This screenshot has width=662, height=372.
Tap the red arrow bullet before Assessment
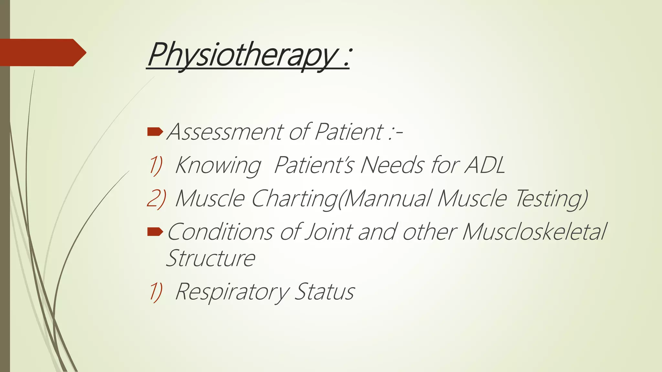click(x=155, y=131)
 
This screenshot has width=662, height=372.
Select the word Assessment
click(x=225, y=132)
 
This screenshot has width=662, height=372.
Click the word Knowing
click(x=218, y=166)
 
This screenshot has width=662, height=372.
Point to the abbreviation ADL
click(x=485, y=165)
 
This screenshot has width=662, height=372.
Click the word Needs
click(x=391, y=165)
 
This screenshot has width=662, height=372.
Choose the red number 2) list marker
click(x=156, y=198)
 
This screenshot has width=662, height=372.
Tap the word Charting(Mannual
click(x=341, y=198)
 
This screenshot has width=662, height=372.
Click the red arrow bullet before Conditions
click(x=155, y=232)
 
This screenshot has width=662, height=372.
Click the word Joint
click(x=328, y=232)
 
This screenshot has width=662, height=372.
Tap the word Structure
click(x=210, y=258)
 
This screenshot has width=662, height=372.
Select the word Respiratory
click(x=232, y=292)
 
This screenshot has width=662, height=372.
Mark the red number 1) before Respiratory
click(x=155, y=292)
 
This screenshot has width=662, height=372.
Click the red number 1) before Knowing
click(x=155, y=165)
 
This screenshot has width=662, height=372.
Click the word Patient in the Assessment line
click(x=348, y=132)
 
